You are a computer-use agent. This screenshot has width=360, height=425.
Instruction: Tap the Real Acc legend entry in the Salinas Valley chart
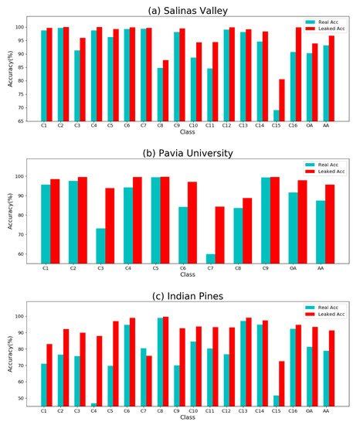pyautogui.click(x=318, y=22)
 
